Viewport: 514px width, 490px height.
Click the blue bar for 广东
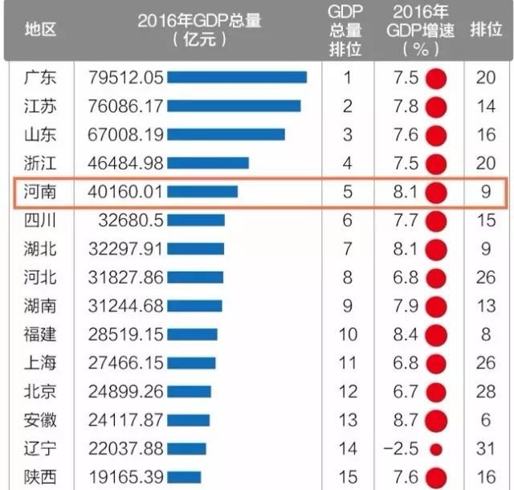237,77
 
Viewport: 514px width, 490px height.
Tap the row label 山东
40,134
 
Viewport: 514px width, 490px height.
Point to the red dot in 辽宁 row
436,447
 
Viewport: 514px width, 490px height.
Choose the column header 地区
40,30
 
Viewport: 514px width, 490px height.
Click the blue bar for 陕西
184,476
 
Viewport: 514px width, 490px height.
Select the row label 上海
40,362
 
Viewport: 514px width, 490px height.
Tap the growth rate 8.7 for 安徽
406,419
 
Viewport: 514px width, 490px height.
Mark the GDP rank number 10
348,333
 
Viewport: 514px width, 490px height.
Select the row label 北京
40,390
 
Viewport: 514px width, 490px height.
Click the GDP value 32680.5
131,219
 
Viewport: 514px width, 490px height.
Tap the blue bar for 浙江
208,163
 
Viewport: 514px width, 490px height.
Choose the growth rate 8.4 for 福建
406,333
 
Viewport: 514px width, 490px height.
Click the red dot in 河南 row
436,191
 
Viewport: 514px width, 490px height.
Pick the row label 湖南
40,305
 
